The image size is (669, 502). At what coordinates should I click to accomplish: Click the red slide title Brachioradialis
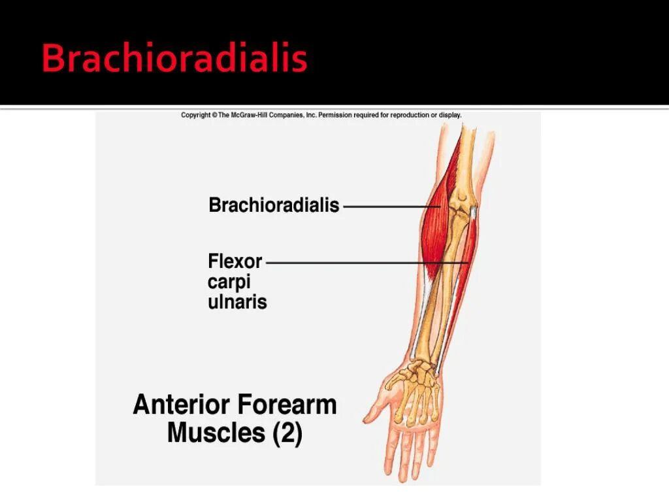click(174, 59)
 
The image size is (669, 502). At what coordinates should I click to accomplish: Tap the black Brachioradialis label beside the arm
click(274, 205)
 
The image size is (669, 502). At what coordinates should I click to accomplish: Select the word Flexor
click(235, 261)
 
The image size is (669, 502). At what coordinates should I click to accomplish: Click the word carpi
click(229, 282)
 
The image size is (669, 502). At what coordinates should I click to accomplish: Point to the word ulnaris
click(237, 303)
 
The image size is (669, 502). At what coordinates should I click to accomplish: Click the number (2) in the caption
click(283, 433)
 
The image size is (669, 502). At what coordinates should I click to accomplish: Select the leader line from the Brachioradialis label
click(385, 206)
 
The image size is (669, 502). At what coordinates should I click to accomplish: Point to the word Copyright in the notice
click(196, 115)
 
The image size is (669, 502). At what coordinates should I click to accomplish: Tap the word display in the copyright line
click(449, 115)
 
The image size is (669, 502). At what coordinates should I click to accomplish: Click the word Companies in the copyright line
click(286, 115)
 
